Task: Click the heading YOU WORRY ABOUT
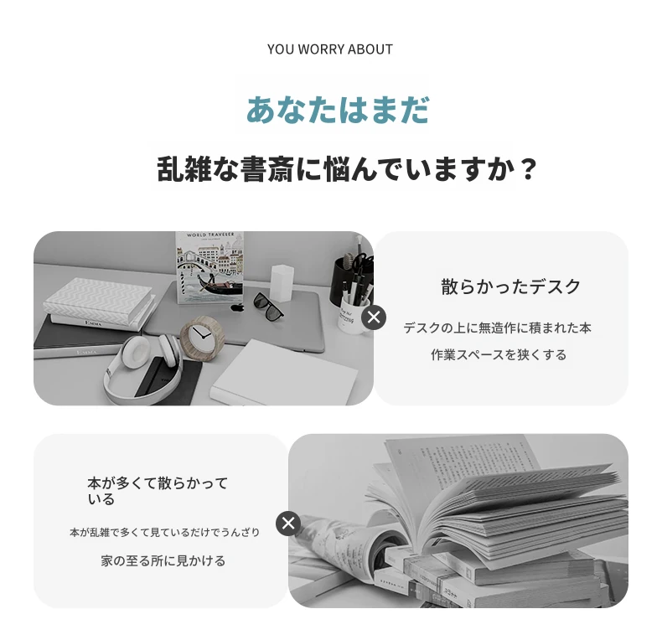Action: pyautogui.click(x=329, y=49)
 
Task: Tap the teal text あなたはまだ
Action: pyautogui.click(x=338, y=110)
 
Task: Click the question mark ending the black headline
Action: pyautogui.click(x=527, y=169)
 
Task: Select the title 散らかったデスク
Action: pyautogui.click(x=511, y=287)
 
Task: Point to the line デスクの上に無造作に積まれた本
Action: pyautogui.click(x=498, y=328)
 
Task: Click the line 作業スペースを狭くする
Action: pyautogui.click(x=499, y=354)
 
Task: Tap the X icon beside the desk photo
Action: pyautogui.click(x=374, y=317)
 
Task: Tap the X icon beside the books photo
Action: pyautogui.click(x=288, y=524)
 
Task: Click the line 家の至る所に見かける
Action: pyautogui.click(x=163, y=560)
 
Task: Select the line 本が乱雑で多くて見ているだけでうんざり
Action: pyautogui.click(x=164, y=532)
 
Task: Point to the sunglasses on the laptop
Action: pyautogui.click(x=268, y=306)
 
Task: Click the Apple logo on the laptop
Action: pyautogui.click(x=237, y=307)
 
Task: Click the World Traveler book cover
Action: pyautogui.click(x=209, y=267)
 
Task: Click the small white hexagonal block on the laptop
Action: pyautogui.click(x=282, y=283)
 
